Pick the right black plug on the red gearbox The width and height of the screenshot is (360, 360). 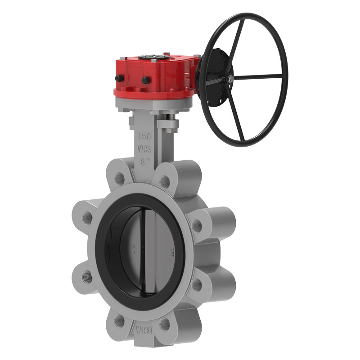146,80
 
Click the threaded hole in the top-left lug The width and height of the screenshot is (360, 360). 119,179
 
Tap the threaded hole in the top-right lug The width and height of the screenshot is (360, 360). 165,182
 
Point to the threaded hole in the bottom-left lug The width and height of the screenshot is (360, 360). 119,320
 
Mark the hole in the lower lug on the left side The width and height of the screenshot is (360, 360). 87,276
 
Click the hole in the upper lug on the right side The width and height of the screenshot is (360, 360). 197,225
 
